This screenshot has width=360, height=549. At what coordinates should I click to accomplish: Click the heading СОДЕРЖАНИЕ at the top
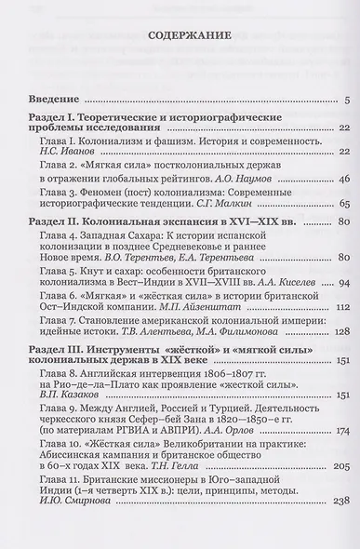(x=179, y=38)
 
